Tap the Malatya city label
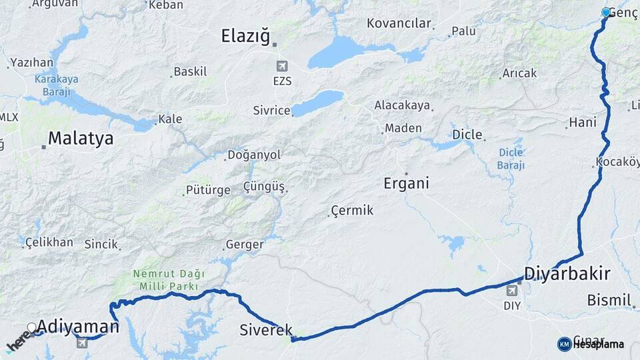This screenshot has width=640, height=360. pyautogui.click(x=80, y=138)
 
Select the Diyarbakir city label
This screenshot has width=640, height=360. pyautogui.click(x=567, y=273)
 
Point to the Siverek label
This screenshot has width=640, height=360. pyautogui.click(x=266, y=329)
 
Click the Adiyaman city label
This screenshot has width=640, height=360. pyautogui.click(x=78, y=326)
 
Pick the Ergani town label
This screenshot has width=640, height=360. pyautogui.click(x=406, y=183)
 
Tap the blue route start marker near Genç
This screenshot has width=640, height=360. pyautogui.click(x=606, y=12)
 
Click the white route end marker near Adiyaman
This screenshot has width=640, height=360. pyautogui.click(x=31, y=327)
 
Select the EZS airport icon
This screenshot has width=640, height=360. pyautogui.click(x=282, y=66)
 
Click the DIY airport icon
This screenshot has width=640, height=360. pyautogui.click(x=512, y=291)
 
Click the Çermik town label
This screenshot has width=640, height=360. pyautogui.click(x=353, y=211)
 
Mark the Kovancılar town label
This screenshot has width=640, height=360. pyautogui.click(x=399, y=23)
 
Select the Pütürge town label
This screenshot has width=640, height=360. pyautogui.click(x=207, y=190)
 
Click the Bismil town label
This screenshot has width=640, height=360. pyautogui.click(x=609, y=301)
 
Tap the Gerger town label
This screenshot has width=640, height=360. pyautogui.click(x=245, y=245)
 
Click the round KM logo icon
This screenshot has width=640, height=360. pyautogui.click(x=564, y=344)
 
